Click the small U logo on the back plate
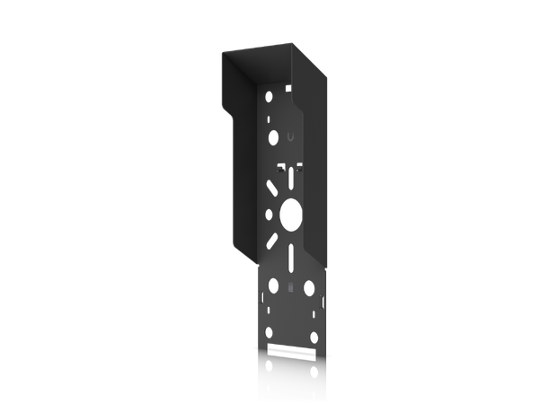(x=290, y=137)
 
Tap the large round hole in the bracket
(x=291, y=215)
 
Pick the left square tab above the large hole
(x=279, y=167)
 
